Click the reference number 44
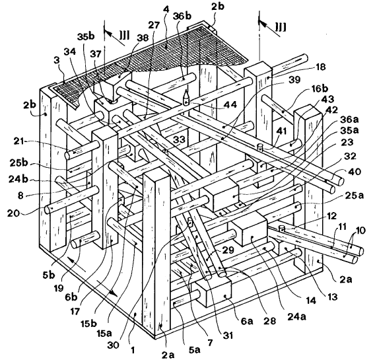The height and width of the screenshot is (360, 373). pos(230,104)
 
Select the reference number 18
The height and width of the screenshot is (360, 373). pos(320,67)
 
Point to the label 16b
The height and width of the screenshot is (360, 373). pos(318,89)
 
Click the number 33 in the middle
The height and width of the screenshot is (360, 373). pos(179,139)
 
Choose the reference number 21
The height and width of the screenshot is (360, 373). pos(18,141)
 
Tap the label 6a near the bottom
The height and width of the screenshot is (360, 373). pos(246,322)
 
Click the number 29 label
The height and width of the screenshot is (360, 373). pos(228,250)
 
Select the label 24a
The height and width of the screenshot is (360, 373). pos(296,316)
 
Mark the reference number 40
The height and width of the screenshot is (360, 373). pos(355,172)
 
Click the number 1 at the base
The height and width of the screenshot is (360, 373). pos(133,350)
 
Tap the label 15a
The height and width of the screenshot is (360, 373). pos(104,334)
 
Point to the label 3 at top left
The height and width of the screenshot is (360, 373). pos(56,60)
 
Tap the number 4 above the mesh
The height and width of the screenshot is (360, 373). pos(166,10)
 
